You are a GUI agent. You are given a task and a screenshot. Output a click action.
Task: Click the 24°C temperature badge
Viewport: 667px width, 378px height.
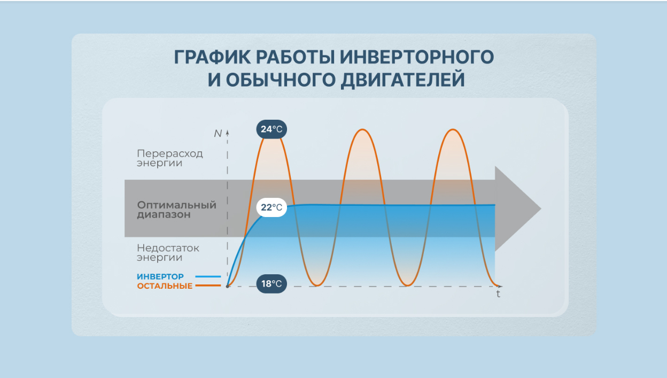[x=272, y=129]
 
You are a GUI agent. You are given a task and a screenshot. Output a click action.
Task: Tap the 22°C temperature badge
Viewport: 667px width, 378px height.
[x=272, y=207]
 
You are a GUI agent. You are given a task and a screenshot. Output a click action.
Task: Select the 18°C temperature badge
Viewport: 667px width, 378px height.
[x=272, y=284]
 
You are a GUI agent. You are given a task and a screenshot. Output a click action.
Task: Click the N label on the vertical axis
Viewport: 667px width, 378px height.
[x=218, y=134]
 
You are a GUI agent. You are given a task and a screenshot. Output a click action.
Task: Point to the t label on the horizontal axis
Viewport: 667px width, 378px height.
[x=498, y=294]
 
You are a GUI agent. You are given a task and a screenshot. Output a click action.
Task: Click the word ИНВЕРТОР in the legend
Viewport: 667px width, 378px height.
[x=160, y=276]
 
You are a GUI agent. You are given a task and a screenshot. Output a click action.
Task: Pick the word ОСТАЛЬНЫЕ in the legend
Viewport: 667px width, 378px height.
[x=165, y=286]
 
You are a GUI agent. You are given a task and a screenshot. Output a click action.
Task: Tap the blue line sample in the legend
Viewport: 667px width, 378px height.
[x=208, y=276]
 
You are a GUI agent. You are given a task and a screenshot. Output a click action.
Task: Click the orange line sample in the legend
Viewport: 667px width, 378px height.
[x=208, y=286]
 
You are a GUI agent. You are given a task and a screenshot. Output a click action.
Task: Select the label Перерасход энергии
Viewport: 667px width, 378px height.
[x=170, y=158]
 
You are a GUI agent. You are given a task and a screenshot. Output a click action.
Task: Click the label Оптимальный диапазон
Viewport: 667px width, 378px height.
[x=176, y=210]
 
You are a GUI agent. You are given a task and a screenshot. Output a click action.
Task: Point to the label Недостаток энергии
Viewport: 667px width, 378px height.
[x=168, y=252]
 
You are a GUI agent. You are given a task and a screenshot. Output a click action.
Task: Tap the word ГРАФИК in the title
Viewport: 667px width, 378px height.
[x=212, y=57]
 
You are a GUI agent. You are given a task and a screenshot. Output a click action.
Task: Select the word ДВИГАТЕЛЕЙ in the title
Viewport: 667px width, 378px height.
[x=402, y=80]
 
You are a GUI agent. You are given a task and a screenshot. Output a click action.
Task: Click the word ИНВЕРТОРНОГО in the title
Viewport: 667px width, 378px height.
[x=417, y=57]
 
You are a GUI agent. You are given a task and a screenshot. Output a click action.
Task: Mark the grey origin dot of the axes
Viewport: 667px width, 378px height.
[x=228, y=286]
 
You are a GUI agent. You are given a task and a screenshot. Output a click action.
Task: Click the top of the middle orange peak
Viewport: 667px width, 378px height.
[x=362, y=129]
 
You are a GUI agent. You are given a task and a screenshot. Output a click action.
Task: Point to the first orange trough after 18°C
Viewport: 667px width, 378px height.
[x=317, y=286]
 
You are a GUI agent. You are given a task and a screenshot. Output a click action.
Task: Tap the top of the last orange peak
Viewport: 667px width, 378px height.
[x=453, y=129]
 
